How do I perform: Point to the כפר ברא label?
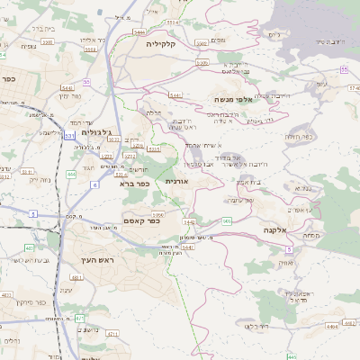[132, 183]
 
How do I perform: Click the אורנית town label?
[176, 181]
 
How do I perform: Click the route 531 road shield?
[69, 136]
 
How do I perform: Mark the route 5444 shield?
[139, 31]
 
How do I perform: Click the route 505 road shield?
[226, 220]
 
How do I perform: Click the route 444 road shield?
[71, 174]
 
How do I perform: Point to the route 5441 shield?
[175, 94]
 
